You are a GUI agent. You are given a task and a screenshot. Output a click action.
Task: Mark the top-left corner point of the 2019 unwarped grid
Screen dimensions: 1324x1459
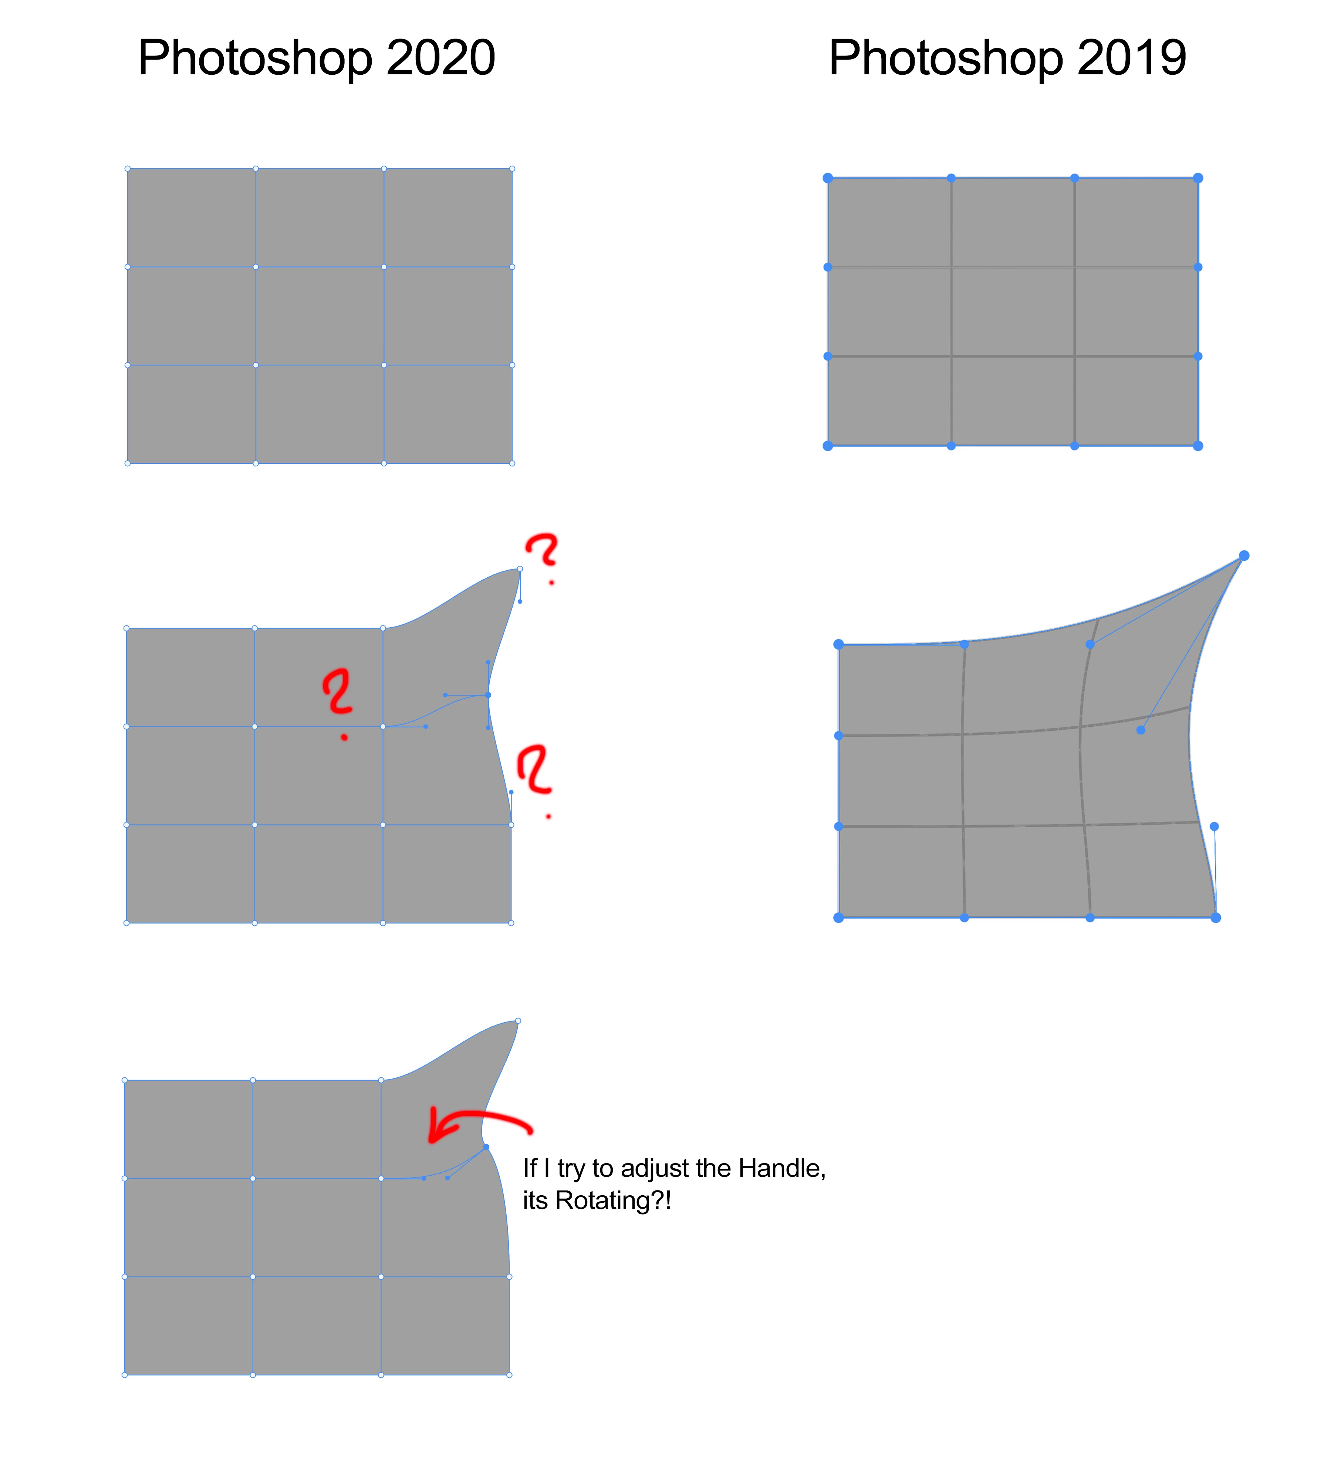click(x=827, y=178)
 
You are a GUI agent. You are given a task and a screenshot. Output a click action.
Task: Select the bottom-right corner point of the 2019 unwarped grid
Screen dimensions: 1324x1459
click(x=1198, y=446)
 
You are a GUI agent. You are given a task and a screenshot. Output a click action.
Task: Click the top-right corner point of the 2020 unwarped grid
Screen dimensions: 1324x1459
click(x=513, y=169)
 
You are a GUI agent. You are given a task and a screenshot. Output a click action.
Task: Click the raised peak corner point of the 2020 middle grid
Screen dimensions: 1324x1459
click(x=520, y=569)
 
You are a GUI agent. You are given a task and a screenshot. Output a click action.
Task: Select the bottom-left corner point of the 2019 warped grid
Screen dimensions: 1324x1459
click(x=838, y=918)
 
